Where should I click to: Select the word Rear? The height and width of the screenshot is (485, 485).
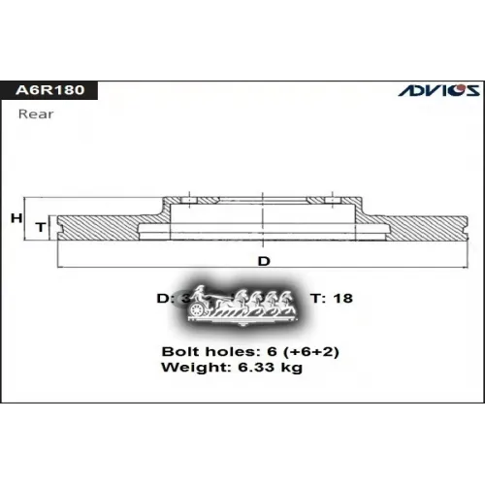click(35, 113)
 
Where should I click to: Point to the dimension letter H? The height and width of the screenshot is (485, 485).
click(16, 219)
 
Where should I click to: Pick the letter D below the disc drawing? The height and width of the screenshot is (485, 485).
click(263, 261)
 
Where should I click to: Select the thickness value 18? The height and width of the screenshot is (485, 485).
click(343, 298)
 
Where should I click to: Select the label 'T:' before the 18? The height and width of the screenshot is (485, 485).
click(316, 298)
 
